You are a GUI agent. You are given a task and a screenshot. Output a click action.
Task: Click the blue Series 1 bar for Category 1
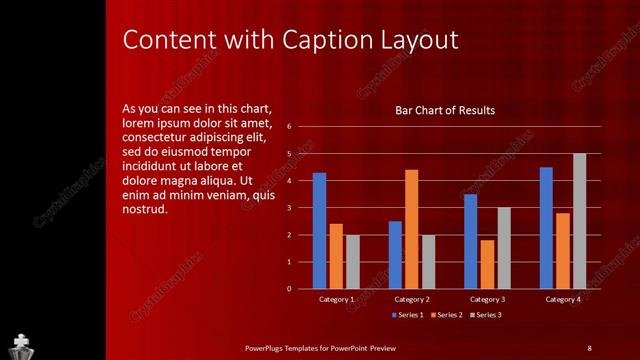[x=319, y=231]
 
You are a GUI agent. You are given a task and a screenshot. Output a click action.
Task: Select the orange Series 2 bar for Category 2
[x=411, y=229]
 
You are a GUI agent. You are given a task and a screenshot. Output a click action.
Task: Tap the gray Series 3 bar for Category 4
[x=579, y=221]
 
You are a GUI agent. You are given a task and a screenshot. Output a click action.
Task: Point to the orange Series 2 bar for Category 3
[x=487, y=264]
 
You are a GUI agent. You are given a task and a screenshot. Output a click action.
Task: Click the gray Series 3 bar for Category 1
[x=352, y=262]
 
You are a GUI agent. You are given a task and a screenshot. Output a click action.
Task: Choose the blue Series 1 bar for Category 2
[x=395, y=255]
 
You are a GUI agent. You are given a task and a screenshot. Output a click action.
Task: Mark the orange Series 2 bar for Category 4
[x=563, y=251]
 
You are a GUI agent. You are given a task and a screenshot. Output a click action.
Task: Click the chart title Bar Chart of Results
[x=445, y=110]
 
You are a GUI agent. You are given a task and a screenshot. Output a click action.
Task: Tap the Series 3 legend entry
[x=485, y=316]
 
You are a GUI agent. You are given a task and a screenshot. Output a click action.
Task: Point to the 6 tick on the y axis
[x=288, y=127]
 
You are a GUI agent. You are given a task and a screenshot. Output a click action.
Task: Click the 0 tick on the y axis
[x=288, y=289]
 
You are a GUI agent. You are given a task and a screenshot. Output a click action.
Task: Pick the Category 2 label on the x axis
[x=412, y=300]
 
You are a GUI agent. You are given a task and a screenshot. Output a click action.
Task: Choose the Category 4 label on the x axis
[x=563, y=300]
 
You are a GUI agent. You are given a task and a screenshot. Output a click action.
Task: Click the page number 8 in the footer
[x=589, y=348]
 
